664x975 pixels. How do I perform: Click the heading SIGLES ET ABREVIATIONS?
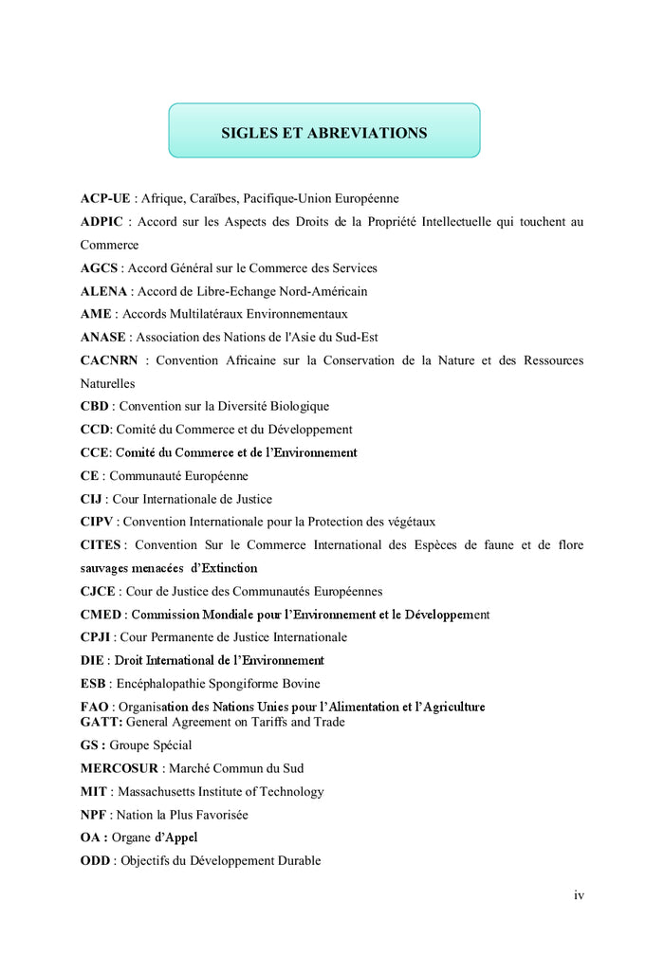[323, 133]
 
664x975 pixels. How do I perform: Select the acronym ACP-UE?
[105, 198]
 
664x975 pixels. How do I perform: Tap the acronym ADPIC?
[101, 222]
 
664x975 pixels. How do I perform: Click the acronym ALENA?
[102, 291]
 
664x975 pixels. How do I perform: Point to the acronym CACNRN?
[109, 360]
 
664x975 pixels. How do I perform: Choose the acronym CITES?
[101, 544]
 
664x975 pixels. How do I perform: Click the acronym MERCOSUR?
[120, 768]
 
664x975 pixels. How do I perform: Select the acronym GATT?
[101, 722]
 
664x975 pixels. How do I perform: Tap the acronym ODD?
[96, 860]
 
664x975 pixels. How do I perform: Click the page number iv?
[579, 895]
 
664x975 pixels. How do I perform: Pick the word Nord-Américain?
[321, 291]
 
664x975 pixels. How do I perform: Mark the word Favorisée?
[220, 814]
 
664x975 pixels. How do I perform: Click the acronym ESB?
[93, 683]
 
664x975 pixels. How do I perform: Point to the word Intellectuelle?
[447, 222]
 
